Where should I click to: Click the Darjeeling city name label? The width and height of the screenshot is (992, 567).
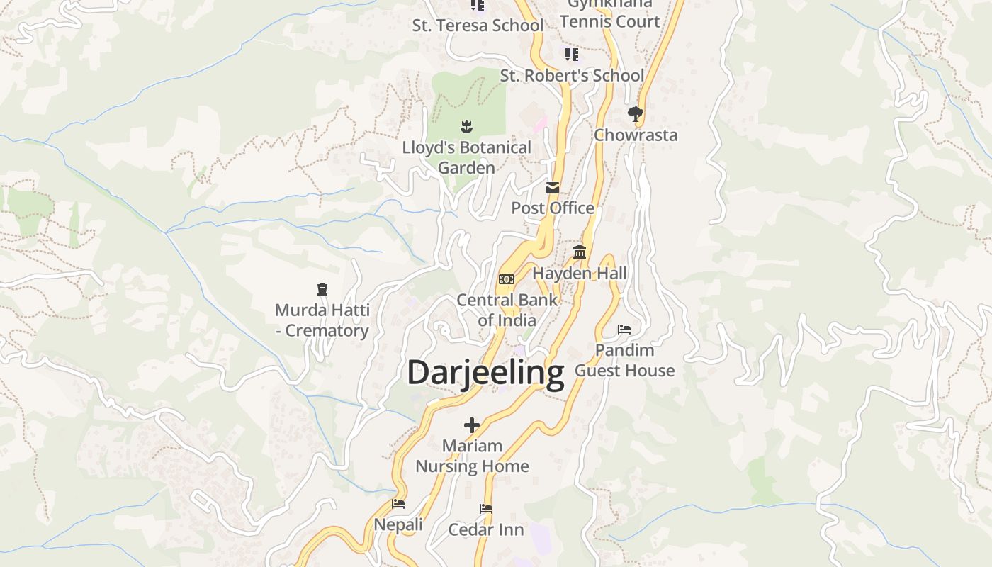coord(485,372)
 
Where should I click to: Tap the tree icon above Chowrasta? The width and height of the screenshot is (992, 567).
coord(636,113)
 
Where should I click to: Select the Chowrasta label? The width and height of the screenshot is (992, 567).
coord(636,135)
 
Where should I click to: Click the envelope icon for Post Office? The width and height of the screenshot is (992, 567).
coord(553,188)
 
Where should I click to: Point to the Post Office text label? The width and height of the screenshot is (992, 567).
coord(553,208)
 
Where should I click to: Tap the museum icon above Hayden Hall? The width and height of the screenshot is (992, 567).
coord(580,252)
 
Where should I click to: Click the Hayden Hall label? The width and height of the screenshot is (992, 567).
coord(580,273)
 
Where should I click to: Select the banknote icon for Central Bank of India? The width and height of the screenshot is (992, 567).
coord(507,279)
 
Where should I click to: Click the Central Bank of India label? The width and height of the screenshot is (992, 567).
coord(507,310)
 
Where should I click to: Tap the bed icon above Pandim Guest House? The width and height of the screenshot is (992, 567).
coord(624,330)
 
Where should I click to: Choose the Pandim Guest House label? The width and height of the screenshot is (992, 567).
coord(624,360)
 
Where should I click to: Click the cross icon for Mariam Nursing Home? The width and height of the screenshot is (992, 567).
coord(472,425)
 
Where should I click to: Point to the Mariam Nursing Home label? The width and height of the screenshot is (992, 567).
coord(472,456)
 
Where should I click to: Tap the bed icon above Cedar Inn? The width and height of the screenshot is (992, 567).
coord(486,509)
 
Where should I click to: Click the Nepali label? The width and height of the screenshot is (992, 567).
coord(398,524)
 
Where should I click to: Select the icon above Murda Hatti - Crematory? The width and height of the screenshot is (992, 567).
coord(322,289)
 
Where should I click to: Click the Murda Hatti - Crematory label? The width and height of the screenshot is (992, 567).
coord(322,320)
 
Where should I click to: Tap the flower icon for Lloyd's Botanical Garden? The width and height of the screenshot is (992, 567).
coord(466,127)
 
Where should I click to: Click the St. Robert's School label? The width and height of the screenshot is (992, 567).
coord(573,75)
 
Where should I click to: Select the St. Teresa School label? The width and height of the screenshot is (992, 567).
coord(478,26)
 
